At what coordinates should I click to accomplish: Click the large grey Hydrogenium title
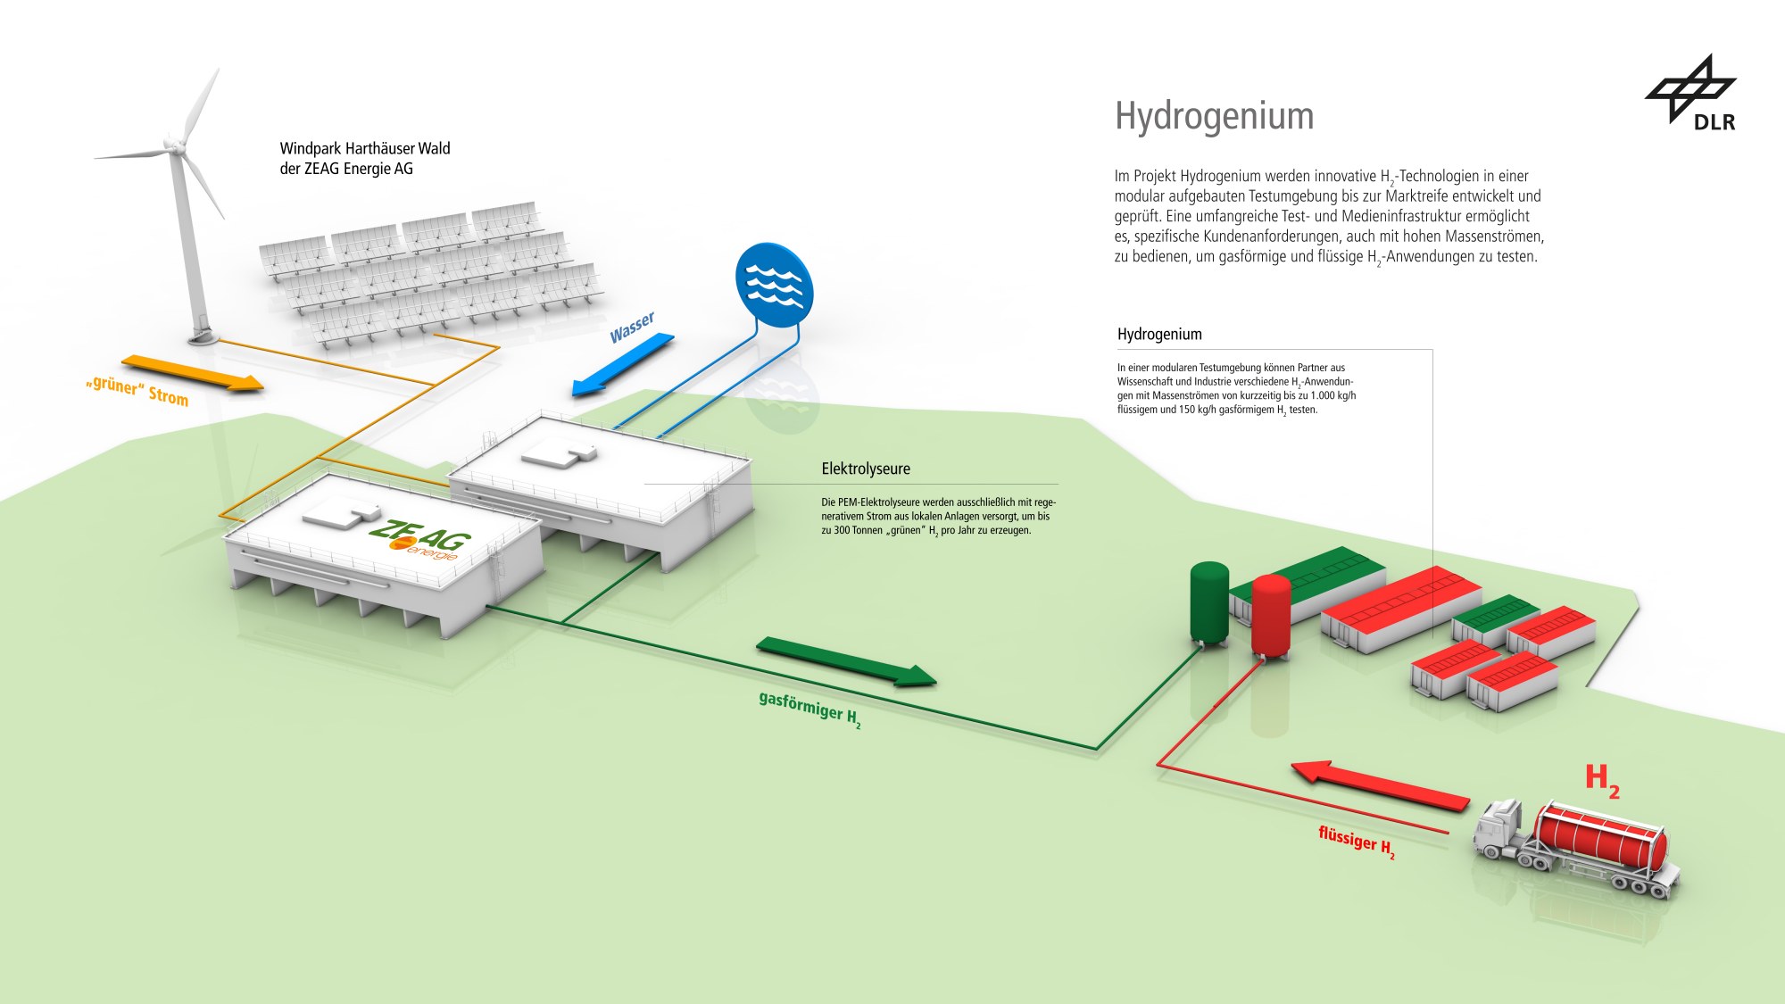1214,116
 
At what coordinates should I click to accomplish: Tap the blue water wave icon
774,285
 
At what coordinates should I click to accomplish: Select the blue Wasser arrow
623,365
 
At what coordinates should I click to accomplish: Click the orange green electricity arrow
193,372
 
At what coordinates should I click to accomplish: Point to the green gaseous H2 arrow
845,661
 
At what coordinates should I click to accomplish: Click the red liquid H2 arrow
1380,784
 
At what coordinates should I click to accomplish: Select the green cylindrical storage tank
1209,602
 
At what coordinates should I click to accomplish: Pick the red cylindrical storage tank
1271,617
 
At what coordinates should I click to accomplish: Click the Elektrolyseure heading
866,469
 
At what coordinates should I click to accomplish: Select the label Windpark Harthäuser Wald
364,149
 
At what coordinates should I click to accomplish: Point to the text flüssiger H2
1356,842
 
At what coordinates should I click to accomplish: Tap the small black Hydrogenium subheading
1159,335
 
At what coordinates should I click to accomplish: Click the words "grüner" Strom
137,391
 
